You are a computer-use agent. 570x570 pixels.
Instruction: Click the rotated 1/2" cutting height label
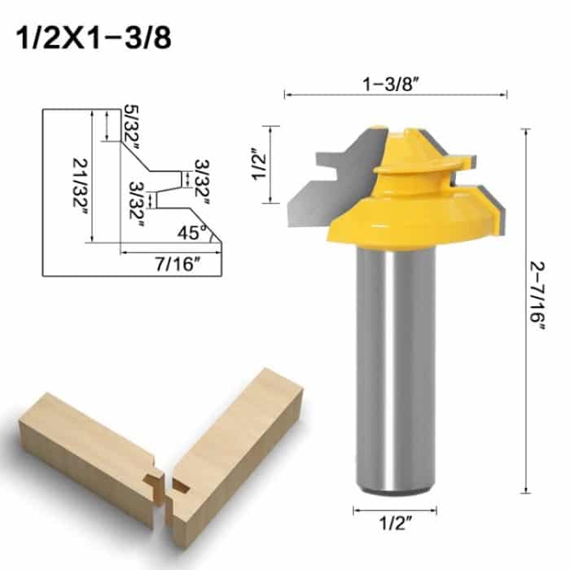[x=259, y=164]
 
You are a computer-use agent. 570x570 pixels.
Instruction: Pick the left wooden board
[x=81, y=448]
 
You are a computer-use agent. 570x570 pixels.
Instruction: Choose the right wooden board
[x=236, y=440]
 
